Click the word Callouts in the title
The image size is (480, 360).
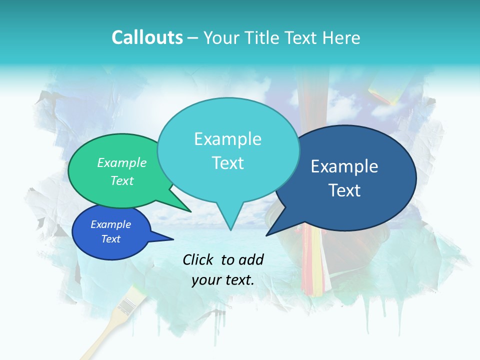147,37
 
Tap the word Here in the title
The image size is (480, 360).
341,37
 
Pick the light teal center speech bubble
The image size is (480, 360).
228,150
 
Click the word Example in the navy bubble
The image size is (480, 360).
344,166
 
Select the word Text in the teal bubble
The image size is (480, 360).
228,163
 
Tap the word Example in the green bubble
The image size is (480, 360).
122,163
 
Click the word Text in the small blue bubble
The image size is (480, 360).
111,239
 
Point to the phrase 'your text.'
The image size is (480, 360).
223,280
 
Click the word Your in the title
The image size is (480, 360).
220,37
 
